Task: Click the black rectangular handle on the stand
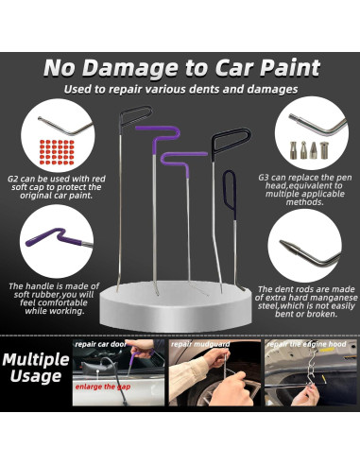[225, 143]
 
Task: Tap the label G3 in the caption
[266, 177]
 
